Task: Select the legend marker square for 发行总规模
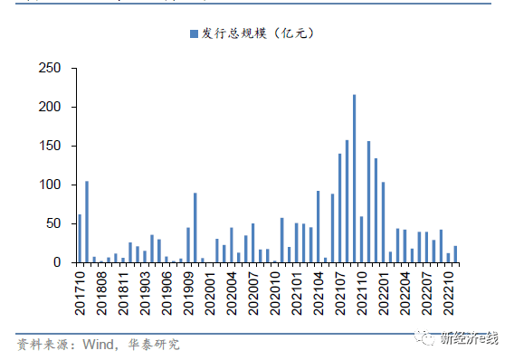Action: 193,33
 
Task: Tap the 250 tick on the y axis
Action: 51,69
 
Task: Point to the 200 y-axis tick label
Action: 51,108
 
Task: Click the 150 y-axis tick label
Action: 51,147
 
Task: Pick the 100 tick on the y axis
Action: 51,185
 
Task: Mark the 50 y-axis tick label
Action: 54,223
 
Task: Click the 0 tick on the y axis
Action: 58,262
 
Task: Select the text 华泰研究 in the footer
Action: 156,344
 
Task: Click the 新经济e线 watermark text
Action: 468,339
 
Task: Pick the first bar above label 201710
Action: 80,239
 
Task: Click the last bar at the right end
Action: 455,254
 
